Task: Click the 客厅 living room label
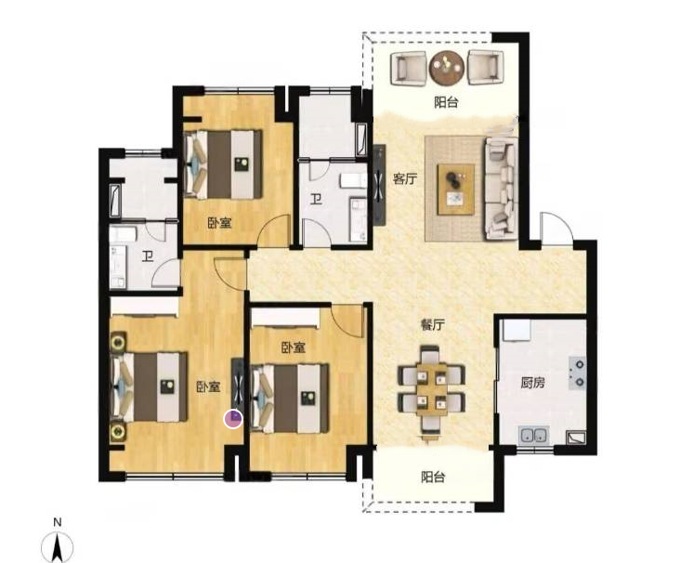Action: tap(405, 179)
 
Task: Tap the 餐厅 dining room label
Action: tap(432, 325)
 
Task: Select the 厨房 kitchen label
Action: tap(532, 382)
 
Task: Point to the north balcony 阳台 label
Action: tap(446, 102)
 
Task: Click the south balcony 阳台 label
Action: tap(433, 478)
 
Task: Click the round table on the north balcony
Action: tap(447, 68)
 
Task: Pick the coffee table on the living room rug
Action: tap(456, 190)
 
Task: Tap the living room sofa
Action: tap(502, 189)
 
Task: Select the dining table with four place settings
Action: tap(431, 389)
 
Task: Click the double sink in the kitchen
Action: tap(534, 436)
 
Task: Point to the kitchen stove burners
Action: tap(577, 373)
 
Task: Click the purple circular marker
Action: tap(233, 419)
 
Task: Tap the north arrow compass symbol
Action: tap(57, 547)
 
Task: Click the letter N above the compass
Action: tap(57, 522)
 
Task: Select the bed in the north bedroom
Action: tap(223, 164)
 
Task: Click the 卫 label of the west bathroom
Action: tap(148, 256)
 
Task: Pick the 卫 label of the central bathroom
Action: tap(315, 200)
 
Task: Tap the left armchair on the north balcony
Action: tap(409, 68)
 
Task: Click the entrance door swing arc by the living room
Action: tap(556, 227)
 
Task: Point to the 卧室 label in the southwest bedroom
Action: tap(209, 387)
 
